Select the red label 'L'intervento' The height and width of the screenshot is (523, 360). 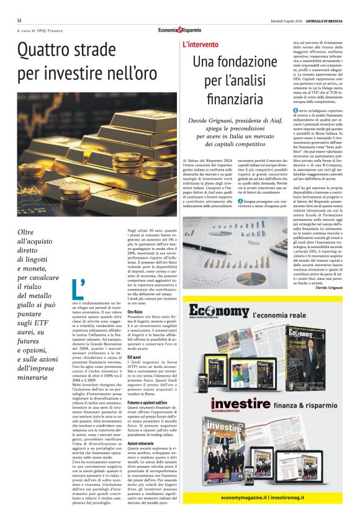[x=200, y=45]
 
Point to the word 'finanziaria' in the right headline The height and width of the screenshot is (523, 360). [x=235, y=98]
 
